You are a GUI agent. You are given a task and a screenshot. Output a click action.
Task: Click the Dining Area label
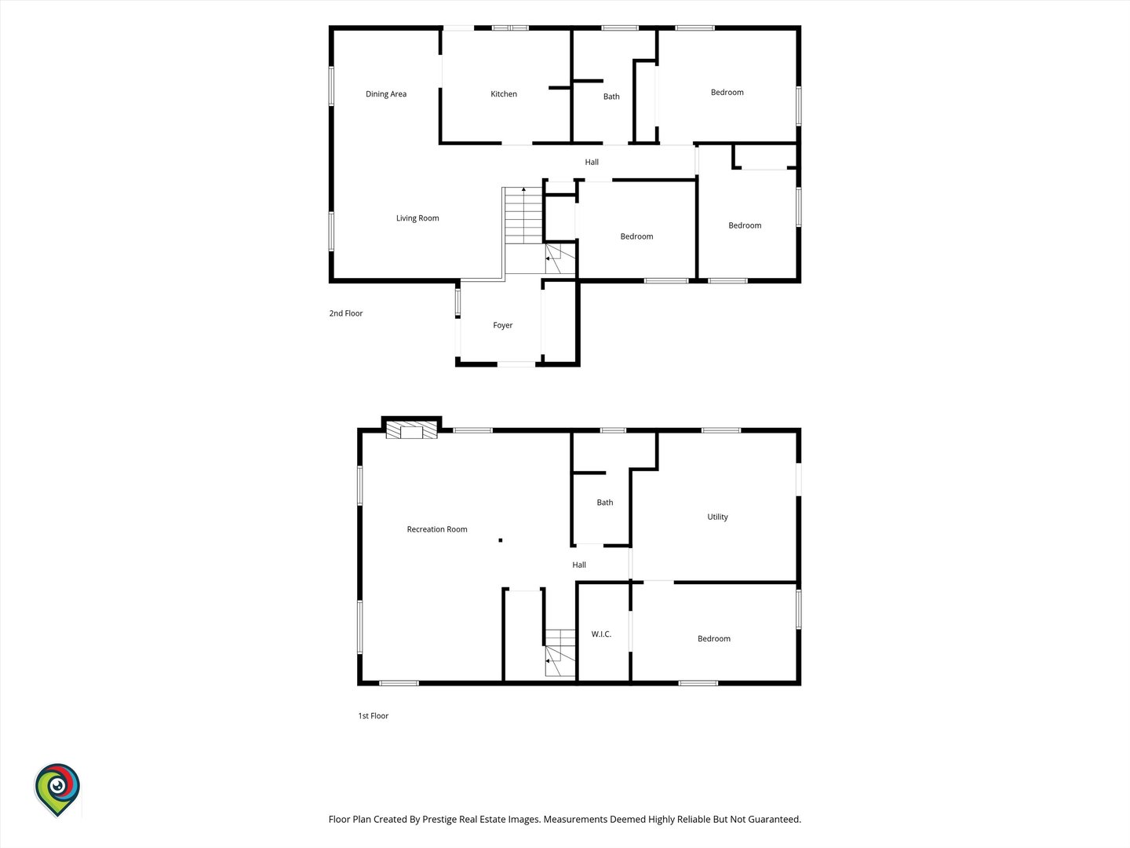[386, 94]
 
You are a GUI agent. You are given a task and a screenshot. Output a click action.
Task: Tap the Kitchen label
[504, 93]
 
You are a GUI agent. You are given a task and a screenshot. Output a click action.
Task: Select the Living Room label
[417, 218]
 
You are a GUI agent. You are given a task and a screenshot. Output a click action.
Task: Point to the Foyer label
[503, 325]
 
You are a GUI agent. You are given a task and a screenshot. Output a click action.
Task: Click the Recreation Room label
[437, 529]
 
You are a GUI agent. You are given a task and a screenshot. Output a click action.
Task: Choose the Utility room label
[718, 517]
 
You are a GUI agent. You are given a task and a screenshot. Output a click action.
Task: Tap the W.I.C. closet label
[601, 634]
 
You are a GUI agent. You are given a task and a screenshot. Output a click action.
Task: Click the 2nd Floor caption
[346, 313]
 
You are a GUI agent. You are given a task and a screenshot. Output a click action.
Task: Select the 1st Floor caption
[374, 716]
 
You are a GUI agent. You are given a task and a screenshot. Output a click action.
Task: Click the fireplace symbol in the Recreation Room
[411, 430]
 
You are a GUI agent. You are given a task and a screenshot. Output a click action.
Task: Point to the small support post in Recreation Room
[501, 540]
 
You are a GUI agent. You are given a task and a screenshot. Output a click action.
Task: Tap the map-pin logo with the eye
[57, 790]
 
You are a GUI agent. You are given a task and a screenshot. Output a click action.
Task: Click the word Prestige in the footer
[439, 820]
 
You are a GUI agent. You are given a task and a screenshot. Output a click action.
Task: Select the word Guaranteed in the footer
[775, 819]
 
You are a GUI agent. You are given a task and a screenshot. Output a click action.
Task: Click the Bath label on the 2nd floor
[611, 97]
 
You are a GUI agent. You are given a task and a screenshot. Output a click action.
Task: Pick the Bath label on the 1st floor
[605, 503]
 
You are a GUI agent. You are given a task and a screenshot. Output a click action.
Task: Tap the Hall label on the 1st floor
[579, 565]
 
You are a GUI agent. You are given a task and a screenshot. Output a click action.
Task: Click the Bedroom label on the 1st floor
[714, 639]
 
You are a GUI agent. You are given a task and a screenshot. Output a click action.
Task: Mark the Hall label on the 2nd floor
[592, 163]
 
